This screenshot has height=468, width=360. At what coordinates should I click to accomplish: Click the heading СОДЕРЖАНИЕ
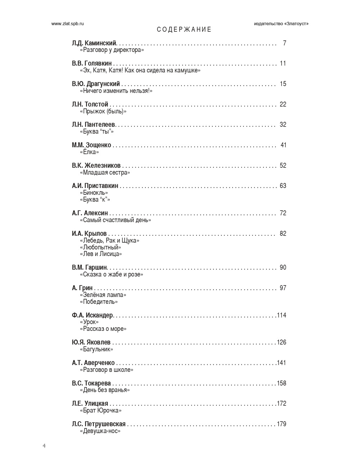coord(184,30)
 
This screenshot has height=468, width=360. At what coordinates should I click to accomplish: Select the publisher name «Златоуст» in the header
coord(296,23)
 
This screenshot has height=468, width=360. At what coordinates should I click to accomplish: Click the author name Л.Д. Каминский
coord(94,43)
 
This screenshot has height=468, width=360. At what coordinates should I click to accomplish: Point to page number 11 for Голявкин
coord(283,64)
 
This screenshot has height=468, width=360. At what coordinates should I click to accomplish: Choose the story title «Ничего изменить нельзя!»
coord(116,91)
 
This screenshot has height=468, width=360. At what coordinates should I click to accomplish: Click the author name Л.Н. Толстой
coord(90,104)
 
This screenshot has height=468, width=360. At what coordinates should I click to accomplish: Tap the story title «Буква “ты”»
coord(96,131)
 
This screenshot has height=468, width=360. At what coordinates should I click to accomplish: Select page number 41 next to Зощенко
coord(283,145)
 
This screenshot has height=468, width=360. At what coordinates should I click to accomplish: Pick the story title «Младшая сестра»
coord(105,172)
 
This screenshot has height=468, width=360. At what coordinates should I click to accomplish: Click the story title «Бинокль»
coord(94,193)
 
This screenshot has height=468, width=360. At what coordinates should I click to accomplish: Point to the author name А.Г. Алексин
coord(90,213)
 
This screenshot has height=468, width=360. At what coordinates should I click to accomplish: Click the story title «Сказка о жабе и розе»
coord(111,274)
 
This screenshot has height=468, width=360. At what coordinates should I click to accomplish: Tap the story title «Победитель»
coord(99,302)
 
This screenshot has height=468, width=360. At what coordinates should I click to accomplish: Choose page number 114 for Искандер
coord(282,315)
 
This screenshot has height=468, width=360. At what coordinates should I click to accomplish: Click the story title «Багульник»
coord(96,349)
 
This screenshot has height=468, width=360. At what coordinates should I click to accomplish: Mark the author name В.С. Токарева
coord(91,383)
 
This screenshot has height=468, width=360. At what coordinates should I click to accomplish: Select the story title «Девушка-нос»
coord(100,431)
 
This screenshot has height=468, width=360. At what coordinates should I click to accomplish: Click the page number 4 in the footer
coord(44,446)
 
